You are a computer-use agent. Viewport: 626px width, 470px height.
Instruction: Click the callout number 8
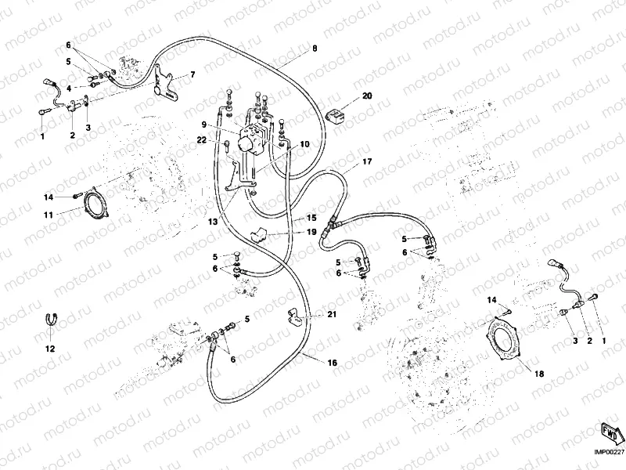pyautogui.click(x=315, y=49)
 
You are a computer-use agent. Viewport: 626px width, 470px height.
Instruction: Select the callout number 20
pyautogui.click(x=367, y=96)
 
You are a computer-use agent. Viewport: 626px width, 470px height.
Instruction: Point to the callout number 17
pyautogui.click(x=367, y=162)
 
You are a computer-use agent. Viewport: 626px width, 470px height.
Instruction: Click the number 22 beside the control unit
pyautogui.click(x=202, y=139)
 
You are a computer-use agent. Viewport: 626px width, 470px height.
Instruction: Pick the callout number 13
pyautogui.click(x=213, y=222)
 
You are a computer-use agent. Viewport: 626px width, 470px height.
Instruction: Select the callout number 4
pyautogui.click(x=69, y=88)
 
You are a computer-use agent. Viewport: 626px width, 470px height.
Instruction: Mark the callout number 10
pyautogui.click(x=304, y=144)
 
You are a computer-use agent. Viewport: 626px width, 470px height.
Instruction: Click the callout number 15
pyautogui.click(x=311, y=218)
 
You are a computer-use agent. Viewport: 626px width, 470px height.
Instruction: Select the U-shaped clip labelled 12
pyautogui.click(x=49, y=319)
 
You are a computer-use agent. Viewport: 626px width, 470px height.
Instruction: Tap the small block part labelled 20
pyautogui.click(x=337, y=115)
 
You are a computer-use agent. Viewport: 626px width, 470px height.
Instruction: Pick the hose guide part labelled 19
pyautogui.click(x=259, y=233)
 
